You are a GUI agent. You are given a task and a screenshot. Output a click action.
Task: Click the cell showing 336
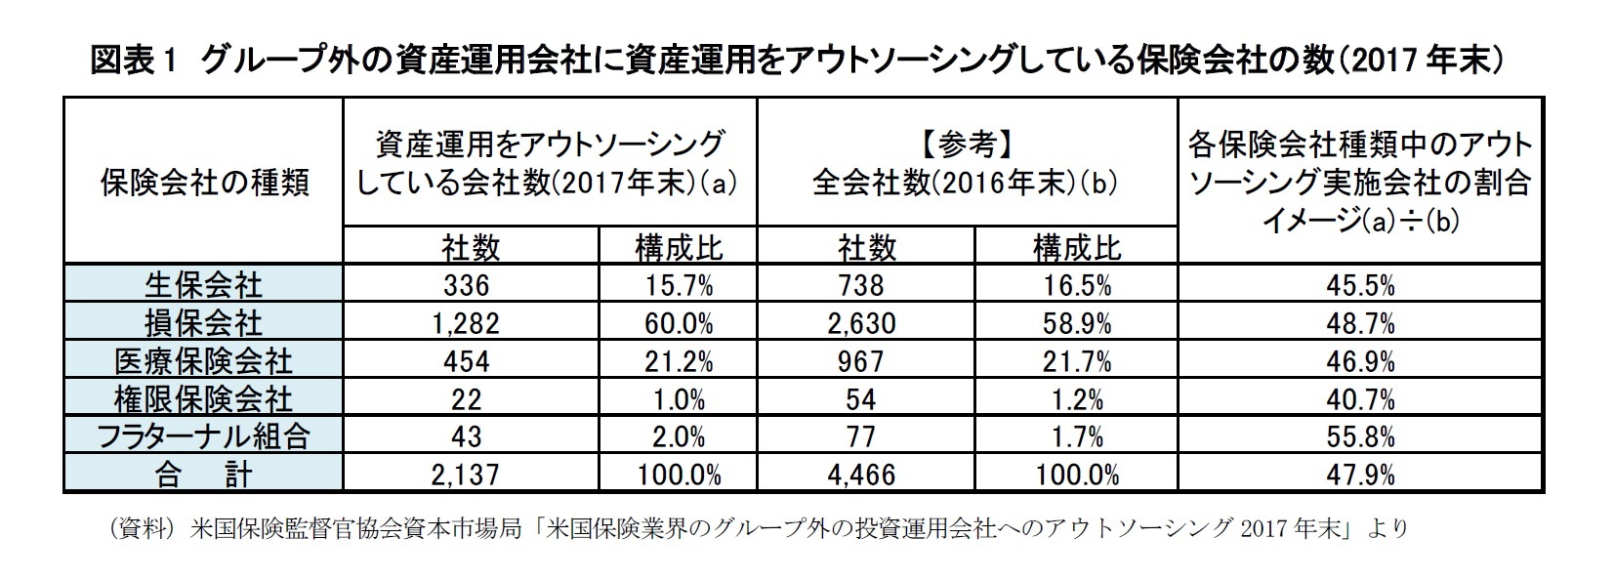(465, 285)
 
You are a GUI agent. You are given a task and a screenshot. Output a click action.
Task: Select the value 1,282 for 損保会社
(465, 323)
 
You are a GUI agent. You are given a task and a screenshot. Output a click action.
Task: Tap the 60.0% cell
(679, 323)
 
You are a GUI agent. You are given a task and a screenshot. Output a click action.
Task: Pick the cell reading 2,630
(860, 323)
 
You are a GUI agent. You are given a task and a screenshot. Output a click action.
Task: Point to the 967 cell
(860, 361)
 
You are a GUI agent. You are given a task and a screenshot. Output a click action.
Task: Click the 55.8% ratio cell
(1361, 436)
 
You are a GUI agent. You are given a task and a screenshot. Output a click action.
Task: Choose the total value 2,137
(465, 475)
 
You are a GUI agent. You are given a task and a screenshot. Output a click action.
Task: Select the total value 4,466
(860, 475)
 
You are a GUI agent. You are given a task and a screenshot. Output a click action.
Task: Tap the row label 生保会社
(203, 285)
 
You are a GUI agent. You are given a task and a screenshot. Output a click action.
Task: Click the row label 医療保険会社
(203, 361)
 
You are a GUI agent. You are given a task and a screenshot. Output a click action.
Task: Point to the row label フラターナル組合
(203, 436)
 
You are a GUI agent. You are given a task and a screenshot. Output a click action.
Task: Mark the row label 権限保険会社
(203, 399)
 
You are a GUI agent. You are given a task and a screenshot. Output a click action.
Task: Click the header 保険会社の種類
(204, 183)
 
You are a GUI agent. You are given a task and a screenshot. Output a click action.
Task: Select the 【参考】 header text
(967, 146)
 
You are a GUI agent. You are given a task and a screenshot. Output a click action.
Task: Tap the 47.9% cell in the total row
(1361, 475)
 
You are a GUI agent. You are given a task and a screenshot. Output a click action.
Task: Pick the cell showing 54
(860, 399)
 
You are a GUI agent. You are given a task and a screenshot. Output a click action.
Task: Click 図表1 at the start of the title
(131, 62)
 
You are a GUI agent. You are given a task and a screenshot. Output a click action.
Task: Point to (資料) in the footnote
(144, 528)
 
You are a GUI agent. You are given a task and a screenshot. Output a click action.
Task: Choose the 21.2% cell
(679, 361)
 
